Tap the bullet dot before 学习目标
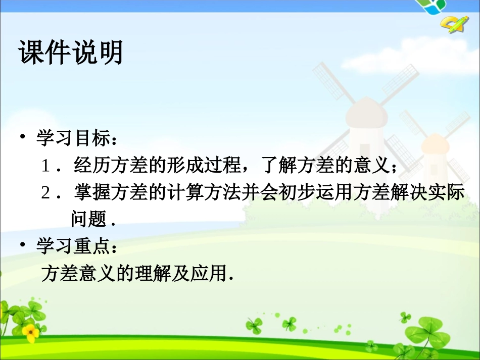(23, 137)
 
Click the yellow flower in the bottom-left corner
(31, 332)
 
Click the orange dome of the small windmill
(435, 144)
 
